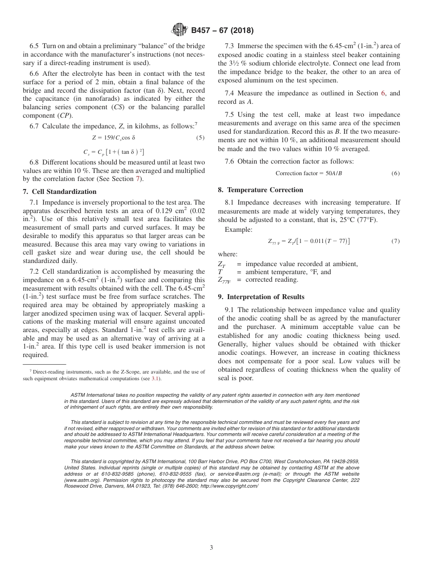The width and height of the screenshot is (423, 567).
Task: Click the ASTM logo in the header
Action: point(179,30)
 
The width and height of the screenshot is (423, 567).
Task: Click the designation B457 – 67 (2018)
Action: point(222,31)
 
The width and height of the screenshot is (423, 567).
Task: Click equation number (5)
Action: point(200,138)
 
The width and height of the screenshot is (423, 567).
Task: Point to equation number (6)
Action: point(395,173)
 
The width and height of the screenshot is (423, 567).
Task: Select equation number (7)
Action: point(395,241)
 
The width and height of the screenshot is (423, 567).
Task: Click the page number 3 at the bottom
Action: point(211,548)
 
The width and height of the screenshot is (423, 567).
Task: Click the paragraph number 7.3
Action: point(230,46)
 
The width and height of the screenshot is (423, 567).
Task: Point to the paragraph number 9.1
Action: point(230,310)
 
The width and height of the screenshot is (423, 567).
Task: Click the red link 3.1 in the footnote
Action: point(155,378)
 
